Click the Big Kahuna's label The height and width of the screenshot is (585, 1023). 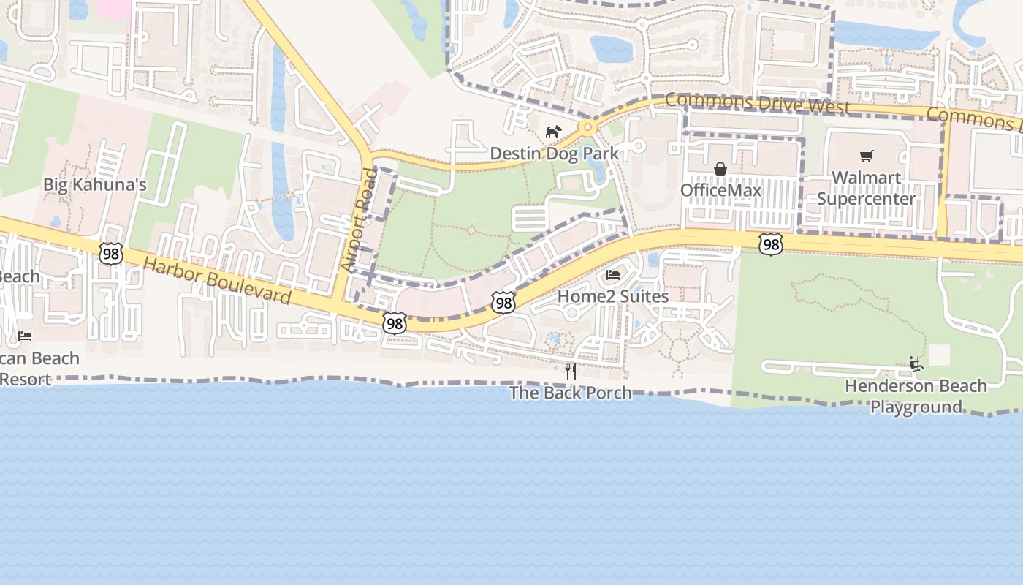[95, 184]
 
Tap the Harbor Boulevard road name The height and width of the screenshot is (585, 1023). [217, 281]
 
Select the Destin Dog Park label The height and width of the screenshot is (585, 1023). [554, 154]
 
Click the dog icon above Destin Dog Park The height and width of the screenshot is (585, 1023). [554, 132]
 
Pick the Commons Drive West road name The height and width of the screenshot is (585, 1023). [758, 103]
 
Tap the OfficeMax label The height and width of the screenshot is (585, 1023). [720, 190]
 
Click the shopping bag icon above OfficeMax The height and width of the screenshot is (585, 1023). [720, 170]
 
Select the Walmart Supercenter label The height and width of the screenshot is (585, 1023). [866, 188]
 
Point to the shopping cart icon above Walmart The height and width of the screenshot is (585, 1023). [867, 156]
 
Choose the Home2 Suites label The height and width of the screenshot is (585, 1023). [613, 296]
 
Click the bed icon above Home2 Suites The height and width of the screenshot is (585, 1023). [613, 275]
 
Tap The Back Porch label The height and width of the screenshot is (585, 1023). [570, 393]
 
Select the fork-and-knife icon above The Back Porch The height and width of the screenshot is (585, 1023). [570, 371]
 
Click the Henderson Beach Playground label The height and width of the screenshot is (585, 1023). [916, 396]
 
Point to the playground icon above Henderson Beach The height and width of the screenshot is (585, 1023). [916, 364]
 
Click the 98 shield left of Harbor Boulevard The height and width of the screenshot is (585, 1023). [111, 254]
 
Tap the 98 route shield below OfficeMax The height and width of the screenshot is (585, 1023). [770, 244]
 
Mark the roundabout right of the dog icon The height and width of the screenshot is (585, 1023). [586, 128]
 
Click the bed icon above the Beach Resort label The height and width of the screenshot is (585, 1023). [25, 336]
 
